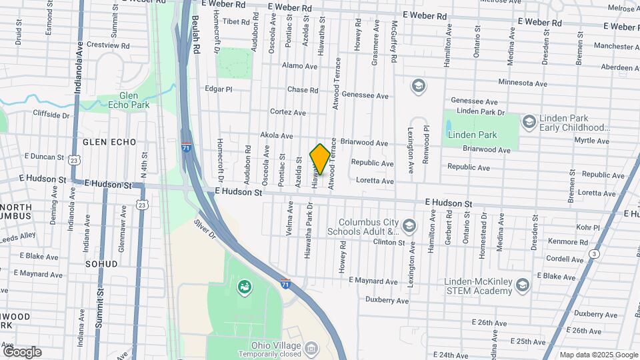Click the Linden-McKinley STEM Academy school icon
tap(522, 285)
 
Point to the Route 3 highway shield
tap(593, 253)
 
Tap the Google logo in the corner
tap(22, 352)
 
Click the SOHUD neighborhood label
tap(101, 264)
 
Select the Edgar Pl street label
tap(218, 89)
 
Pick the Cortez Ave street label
tap(287, 112)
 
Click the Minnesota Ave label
tap(523, 83)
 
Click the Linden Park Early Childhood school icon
tap(529, 121)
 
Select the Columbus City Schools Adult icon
tap(409, 227)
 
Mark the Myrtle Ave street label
tap(591, 141)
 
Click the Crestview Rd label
tap(108, 45)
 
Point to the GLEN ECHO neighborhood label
tap(109, 142)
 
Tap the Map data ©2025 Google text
tap(598, 355)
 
